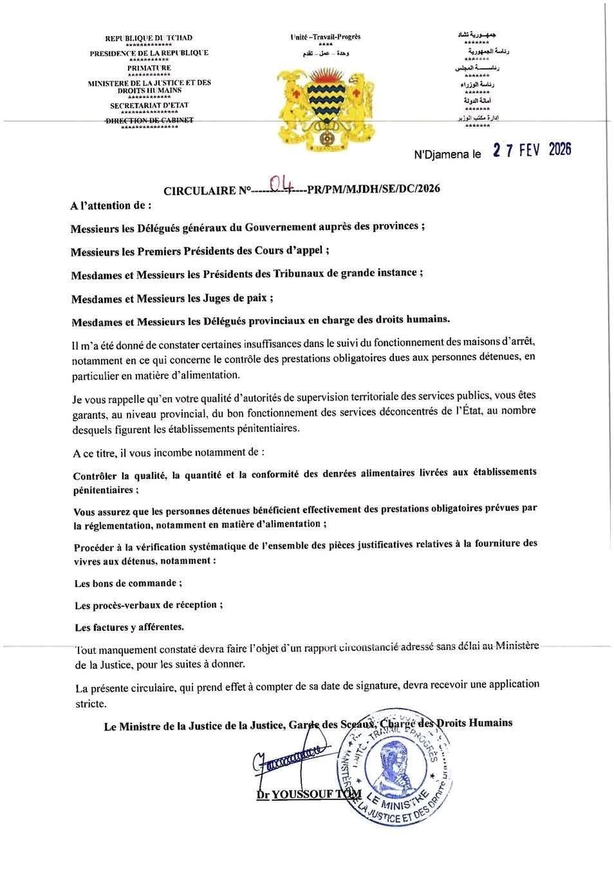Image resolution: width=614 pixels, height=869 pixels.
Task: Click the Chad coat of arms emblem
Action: pyautogui.click(x=325, y=104)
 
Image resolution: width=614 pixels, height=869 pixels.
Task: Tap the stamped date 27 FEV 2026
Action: pyautogui.click(x=532, y=150)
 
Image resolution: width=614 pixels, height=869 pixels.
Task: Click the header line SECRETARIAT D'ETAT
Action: pyautogui.click(x=149, y=106)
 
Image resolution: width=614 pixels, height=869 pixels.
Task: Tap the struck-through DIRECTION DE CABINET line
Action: pyautogui.click(x=149, y=120)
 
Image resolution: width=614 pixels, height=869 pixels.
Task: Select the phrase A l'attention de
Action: pyautogui.click(x=111, y=207)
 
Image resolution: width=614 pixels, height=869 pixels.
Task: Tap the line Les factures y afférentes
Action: pyautogui.click(x=129, y=626)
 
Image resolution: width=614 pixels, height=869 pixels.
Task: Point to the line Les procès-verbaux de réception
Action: pyautogui.click(x=149, y=605)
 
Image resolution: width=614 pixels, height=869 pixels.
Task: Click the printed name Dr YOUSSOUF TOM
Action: pyautogui.click(x=309, y=794)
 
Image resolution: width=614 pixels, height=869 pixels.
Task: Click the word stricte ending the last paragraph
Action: pyautogui.click(x=91, y=704)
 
